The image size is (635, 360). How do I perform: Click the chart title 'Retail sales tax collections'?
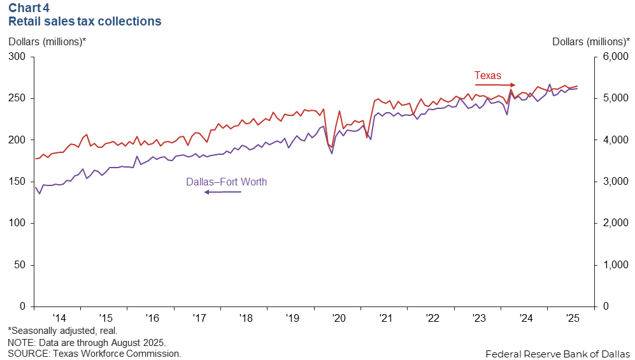point(84,21)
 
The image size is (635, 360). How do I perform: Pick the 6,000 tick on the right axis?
point(614,57)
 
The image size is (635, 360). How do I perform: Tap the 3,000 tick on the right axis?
point(614,182)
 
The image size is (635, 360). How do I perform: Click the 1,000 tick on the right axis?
point(614,264)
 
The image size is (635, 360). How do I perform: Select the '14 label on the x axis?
point(59,317)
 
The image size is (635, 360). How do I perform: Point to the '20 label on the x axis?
point(338,317)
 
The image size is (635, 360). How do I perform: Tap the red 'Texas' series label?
point(488,75)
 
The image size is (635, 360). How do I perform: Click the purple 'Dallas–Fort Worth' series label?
point(226,182)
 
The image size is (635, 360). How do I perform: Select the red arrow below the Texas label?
point(495,85)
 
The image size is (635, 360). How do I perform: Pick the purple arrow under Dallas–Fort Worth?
point(223,192)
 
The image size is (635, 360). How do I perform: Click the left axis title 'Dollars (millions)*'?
point(46,41)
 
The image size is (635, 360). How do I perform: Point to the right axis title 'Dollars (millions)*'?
point(590,41)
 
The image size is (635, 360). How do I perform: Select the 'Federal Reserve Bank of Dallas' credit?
point(557,353)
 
